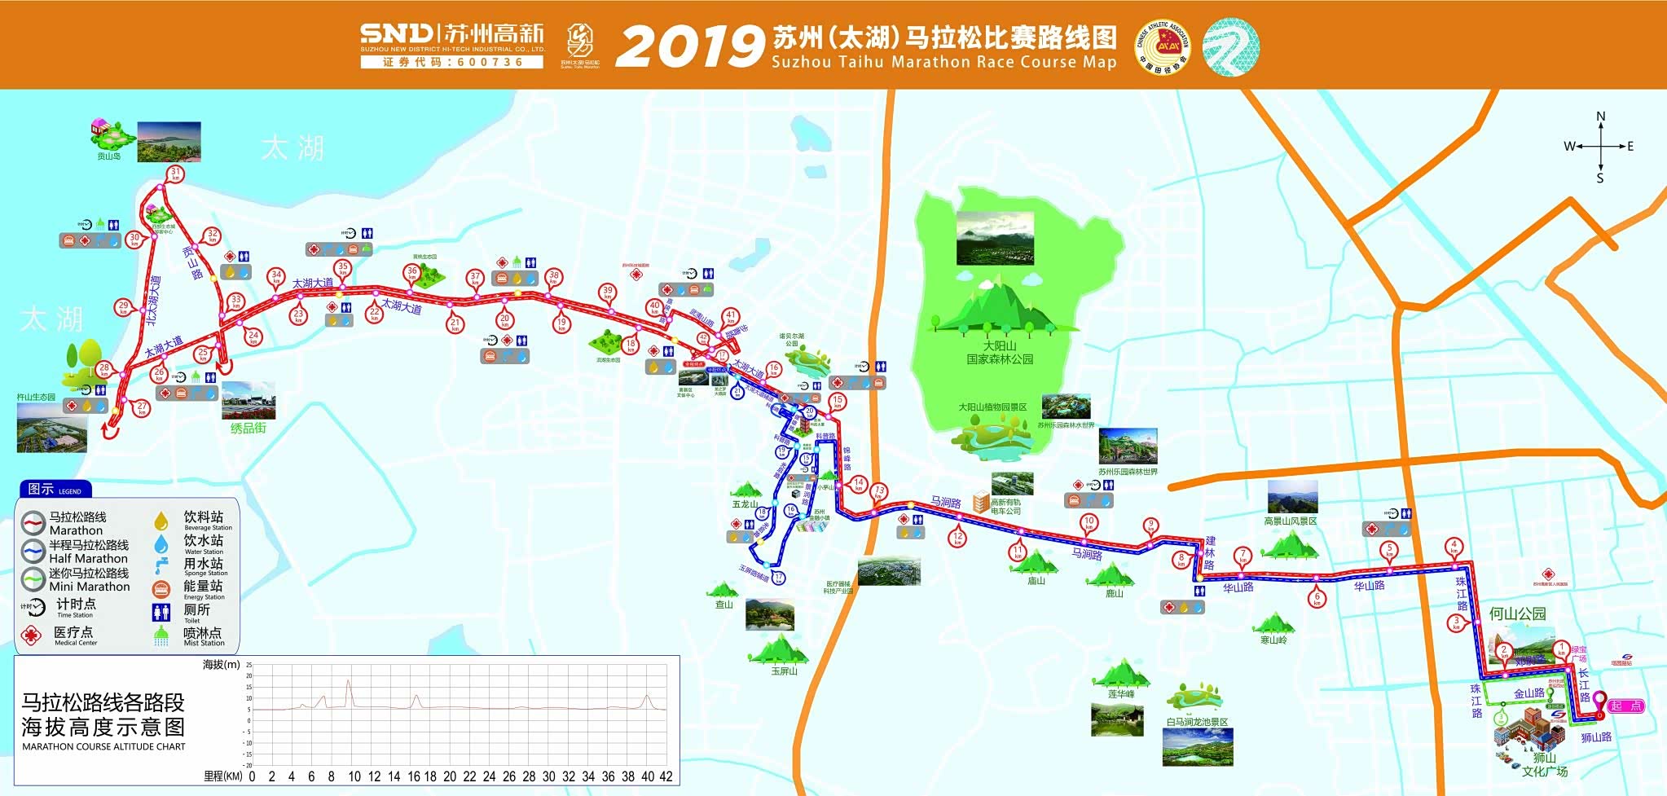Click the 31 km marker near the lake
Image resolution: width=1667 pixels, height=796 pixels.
point(175,173)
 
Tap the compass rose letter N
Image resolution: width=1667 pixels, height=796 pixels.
point(1600,117)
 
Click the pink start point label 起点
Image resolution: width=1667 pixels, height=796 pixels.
point(1625,706)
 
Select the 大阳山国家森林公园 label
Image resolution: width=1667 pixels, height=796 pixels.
point(1000,353)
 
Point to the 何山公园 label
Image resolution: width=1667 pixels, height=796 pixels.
point(1517,613)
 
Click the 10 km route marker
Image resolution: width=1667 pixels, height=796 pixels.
point(1089,521)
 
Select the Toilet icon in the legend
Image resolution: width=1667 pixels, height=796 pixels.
point(161,612)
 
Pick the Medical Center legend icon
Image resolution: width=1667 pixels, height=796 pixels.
point(31,635)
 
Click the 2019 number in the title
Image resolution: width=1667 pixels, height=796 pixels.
point(688,46)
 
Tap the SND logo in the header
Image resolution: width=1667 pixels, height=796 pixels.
point(397,33)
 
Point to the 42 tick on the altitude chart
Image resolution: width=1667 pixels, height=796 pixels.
point(666,776)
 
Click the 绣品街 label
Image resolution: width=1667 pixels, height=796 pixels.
point(248,428)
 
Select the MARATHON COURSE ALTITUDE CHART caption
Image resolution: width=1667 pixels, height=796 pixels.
point(103,746)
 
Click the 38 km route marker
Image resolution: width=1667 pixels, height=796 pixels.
point(553,276)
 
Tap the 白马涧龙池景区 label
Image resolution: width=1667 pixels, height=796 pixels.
point(1197,722)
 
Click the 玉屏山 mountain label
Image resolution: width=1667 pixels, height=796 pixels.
point(784,671)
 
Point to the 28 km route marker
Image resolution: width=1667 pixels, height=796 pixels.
point(104,369)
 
